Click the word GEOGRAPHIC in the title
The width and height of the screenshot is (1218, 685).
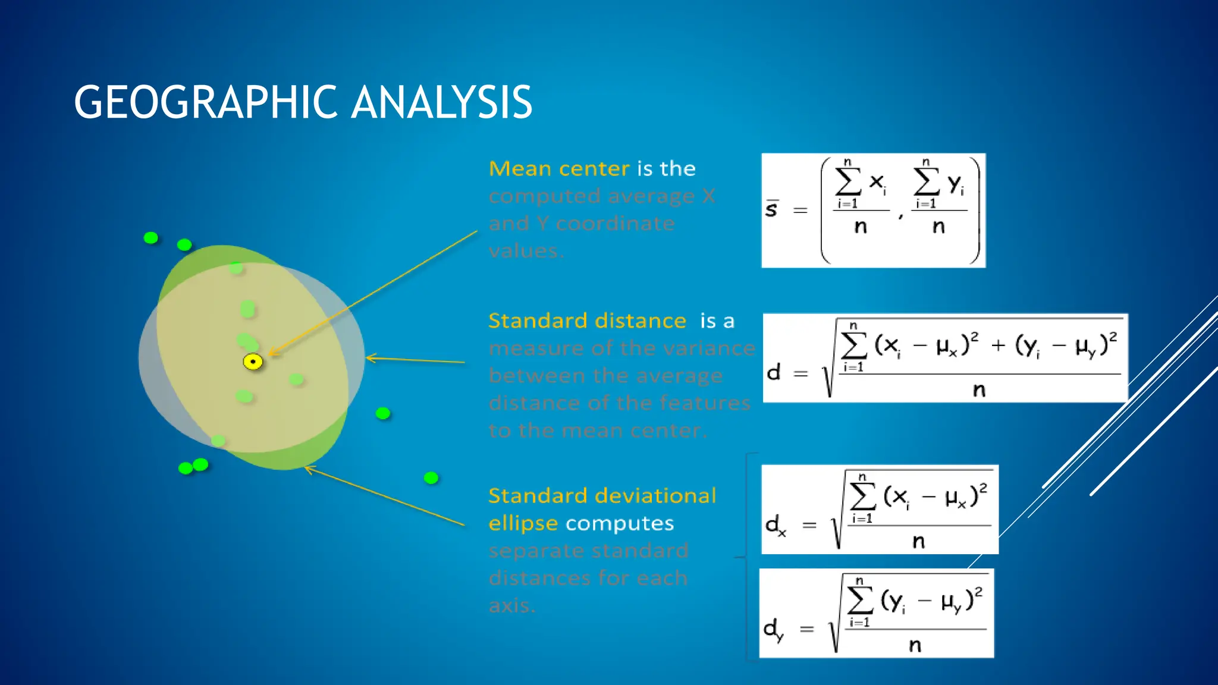pyautogui.click(x=205, y=102)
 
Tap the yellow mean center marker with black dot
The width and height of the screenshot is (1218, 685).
pyautogui.click(x=253, y=362)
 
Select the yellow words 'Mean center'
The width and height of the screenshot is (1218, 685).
pyautogui.click(x=558, y=169)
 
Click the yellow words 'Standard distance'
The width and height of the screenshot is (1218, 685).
pyautogui.click(x=587, y=321)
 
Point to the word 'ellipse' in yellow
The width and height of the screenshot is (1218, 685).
pyautogui.click(x=523, y=523)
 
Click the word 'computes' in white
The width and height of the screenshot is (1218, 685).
pyautogui.click(x=619, y=523)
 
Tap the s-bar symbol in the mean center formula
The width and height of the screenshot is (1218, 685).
pyautogui.click(x=771, y=209)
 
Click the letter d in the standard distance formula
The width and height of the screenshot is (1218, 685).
pyautogui.click(x=773, y=372)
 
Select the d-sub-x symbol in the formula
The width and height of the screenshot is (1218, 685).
pyautogui.click(x=775, y=525)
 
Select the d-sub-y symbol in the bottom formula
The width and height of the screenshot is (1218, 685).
pyautogui.click(x=773, y=629)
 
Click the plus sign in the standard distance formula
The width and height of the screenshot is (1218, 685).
pyautogui.click(x=999, y=345)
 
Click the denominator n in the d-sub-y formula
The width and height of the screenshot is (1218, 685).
pyautogui.click(x=915, y=645)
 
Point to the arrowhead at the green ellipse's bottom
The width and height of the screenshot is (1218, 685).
pyautogui.click(x=307, y=469)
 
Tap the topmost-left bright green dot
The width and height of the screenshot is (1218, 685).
pyautogui.click(x=151, y=238)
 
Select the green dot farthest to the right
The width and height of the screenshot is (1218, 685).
pyautogui.click(x=431, y=477)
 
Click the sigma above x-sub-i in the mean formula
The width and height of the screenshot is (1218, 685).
pyautogui.click(x=848, y=181)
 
